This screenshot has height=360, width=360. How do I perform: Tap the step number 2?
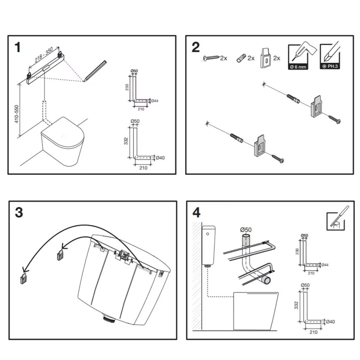pyautogui.click(x=195, y=47)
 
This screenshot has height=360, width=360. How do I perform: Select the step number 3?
pyautogui.click(x=19, y=212)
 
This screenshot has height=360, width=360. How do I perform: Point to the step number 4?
pyautogui.click(x=196, y=212)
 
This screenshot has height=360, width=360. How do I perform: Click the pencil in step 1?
pyautogui.click(x=95, y=71)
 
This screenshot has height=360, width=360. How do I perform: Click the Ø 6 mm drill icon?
pyautogui.click(x=298, y=57)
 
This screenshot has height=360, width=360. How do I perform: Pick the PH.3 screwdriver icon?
pyautogui.click(x=329, y=57)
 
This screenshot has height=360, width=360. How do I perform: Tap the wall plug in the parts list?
pyautogui.click(x=241, y=58)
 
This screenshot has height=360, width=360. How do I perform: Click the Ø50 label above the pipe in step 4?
pyautogui.click(x=246, y=229)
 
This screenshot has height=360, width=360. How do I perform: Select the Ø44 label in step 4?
pyautogui.click(x=325, y=265)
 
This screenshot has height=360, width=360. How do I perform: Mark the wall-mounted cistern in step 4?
pyautogui.click(x=208, y=245)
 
